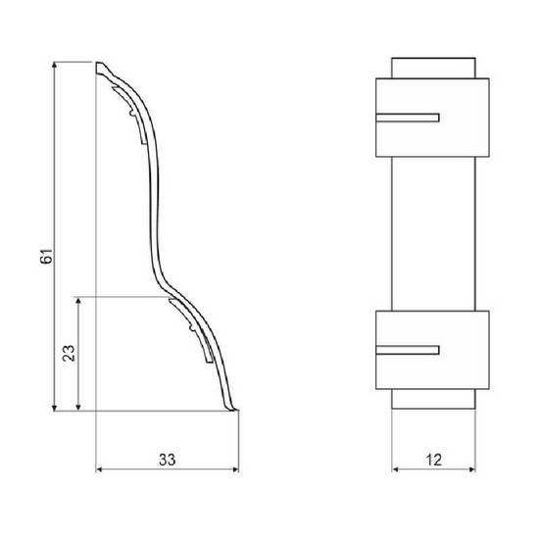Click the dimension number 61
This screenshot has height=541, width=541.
[x=47, y=256]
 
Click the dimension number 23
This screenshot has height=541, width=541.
[x=69, y=353]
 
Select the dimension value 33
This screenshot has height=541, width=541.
[x=168, y=460]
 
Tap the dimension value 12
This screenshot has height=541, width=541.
[x=434, y=460]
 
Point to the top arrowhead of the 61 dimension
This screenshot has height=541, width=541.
[x=54, y=65]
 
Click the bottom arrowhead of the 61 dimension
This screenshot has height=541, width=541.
[x=54, y=408]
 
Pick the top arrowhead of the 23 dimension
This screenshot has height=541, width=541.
[x=78, y=300]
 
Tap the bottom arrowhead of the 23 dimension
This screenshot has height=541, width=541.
[x=78, y=408]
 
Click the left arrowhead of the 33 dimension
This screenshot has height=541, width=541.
[x=99, y=469]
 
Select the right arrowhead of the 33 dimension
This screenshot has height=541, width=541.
[x=235, y=469]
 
